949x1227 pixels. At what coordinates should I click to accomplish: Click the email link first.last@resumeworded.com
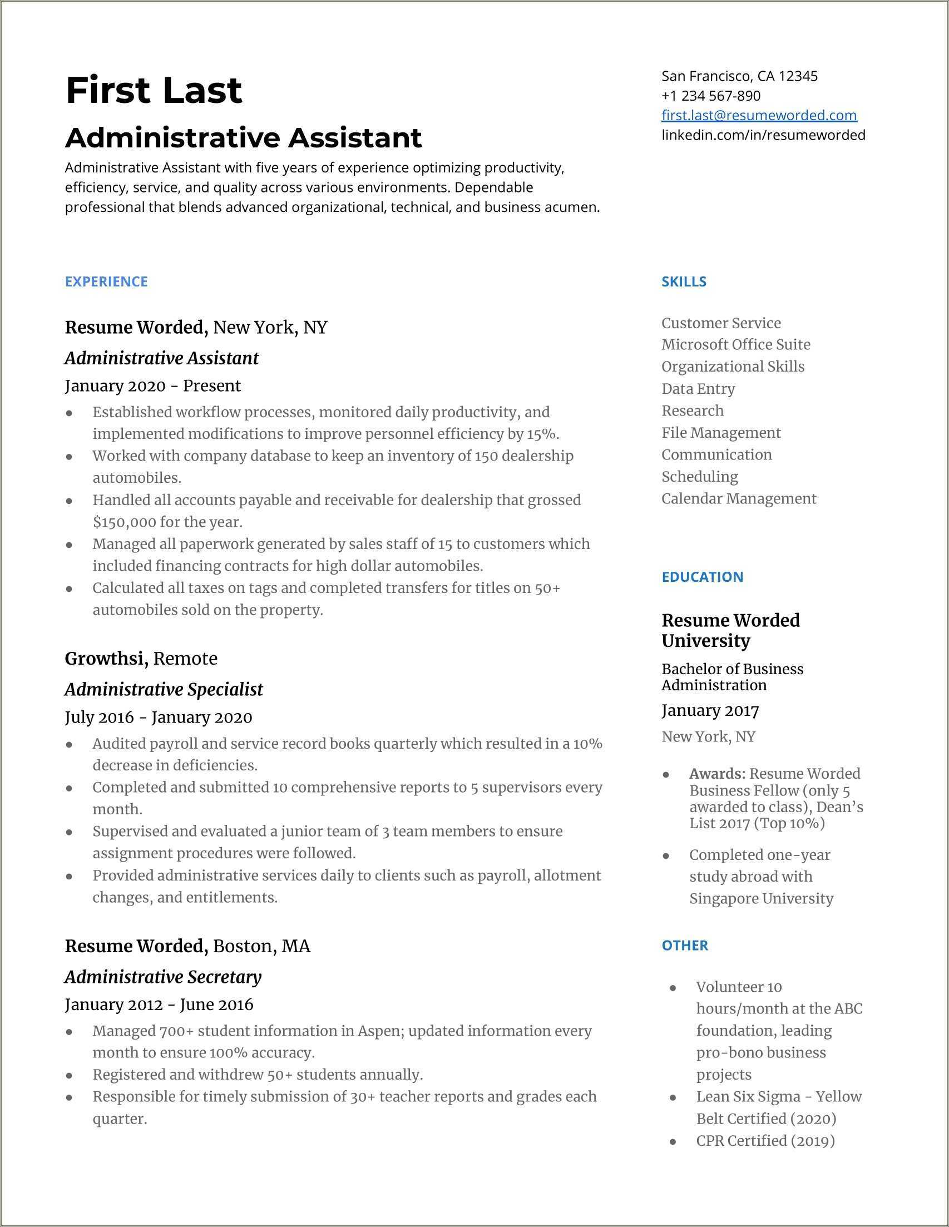[759, 115]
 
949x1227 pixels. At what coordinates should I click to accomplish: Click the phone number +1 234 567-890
[711, 96]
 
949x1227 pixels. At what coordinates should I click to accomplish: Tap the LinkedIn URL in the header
[763, 135]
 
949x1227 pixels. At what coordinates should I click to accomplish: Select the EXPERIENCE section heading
[106, 281]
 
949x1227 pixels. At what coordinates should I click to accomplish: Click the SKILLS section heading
[684, 281]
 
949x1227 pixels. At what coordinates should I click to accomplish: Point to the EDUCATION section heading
[703, 576]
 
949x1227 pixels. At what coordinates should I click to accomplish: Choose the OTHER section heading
[684, 945]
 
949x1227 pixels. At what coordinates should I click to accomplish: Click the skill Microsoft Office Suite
[735, 344]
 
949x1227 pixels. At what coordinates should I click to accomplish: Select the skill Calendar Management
[739, 498]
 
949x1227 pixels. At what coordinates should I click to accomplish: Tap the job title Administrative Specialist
[164, 689]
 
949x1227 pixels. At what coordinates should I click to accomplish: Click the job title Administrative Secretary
[163, 977]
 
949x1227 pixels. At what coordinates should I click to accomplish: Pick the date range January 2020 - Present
[152, 385]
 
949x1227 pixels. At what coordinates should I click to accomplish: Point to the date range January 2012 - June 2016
[159, 1004]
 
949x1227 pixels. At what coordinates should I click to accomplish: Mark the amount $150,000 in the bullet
[124, 522]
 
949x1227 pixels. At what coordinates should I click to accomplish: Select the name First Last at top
[154, 90]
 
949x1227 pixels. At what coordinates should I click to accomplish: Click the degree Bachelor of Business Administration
[732, 676]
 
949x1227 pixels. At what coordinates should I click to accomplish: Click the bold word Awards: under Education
[717, 774]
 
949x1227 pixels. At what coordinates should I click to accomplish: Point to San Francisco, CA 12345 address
[739, 76]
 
